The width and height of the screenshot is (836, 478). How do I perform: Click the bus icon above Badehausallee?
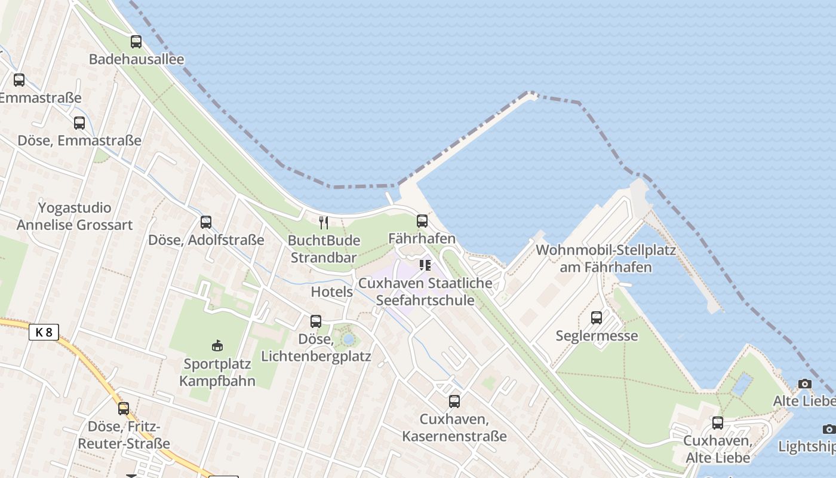click(136, 42)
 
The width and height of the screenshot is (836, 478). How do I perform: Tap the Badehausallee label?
click(136, 59)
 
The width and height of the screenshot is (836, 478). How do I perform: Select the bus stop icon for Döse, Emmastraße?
click(79, 123)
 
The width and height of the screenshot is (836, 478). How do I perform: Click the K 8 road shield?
click(44, 332)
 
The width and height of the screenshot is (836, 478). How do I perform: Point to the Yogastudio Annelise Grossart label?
click(75, 216)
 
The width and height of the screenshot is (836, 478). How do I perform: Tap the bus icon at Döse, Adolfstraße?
click(206, 222)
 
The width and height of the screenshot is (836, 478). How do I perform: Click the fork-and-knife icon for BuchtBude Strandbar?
click(324, 223)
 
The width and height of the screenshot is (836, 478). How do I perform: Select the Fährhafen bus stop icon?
click(422, 221)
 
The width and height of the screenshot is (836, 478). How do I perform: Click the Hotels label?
click(332, 292)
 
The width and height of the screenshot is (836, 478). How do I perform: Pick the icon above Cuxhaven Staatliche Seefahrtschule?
click(425, 265)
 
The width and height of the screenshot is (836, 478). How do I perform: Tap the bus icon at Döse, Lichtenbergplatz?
click(316, 321)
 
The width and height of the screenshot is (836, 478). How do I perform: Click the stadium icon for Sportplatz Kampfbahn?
click(217, 345)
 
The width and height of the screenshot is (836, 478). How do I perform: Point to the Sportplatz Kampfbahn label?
click(219, 372)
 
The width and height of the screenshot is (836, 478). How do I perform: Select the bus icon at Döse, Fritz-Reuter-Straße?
click(124, 409)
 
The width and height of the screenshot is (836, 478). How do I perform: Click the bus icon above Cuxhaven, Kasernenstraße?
click(454, 402)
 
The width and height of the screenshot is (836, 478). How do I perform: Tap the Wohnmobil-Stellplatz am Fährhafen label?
click(606, 258)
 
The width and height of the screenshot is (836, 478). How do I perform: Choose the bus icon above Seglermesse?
click(597, 318)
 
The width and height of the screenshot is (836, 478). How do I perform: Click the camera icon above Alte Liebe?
click(805, 384)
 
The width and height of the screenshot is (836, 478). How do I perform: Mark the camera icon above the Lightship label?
click(829, 429)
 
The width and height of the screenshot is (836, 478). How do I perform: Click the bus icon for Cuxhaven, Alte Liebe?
click(718, 423)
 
